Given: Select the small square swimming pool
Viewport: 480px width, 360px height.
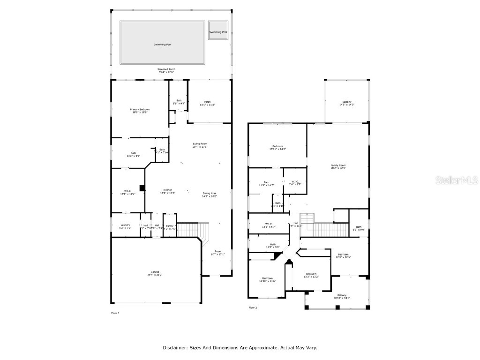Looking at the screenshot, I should click(x=218, y=31).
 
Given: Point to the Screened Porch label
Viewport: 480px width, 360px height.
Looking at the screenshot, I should click(x=166, y=69).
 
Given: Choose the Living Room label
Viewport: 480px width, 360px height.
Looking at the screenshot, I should click(x=200, y=144).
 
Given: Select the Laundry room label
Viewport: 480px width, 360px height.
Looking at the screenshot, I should click(x=125, y=225).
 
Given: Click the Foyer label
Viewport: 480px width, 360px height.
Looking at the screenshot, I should click(x=218, y=251).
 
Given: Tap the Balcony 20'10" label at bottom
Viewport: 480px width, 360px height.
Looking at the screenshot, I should click(x=342, y=295).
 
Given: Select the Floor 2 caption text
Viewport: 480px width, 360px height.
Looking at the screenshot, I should click(x=253, y=307).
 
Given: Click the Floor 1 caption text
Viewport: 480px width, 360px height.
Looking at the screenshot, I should click(x=115, y=312).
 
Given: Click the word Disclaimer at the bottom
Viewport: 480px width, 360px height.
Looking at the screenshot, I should click(x=175, y=348).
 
